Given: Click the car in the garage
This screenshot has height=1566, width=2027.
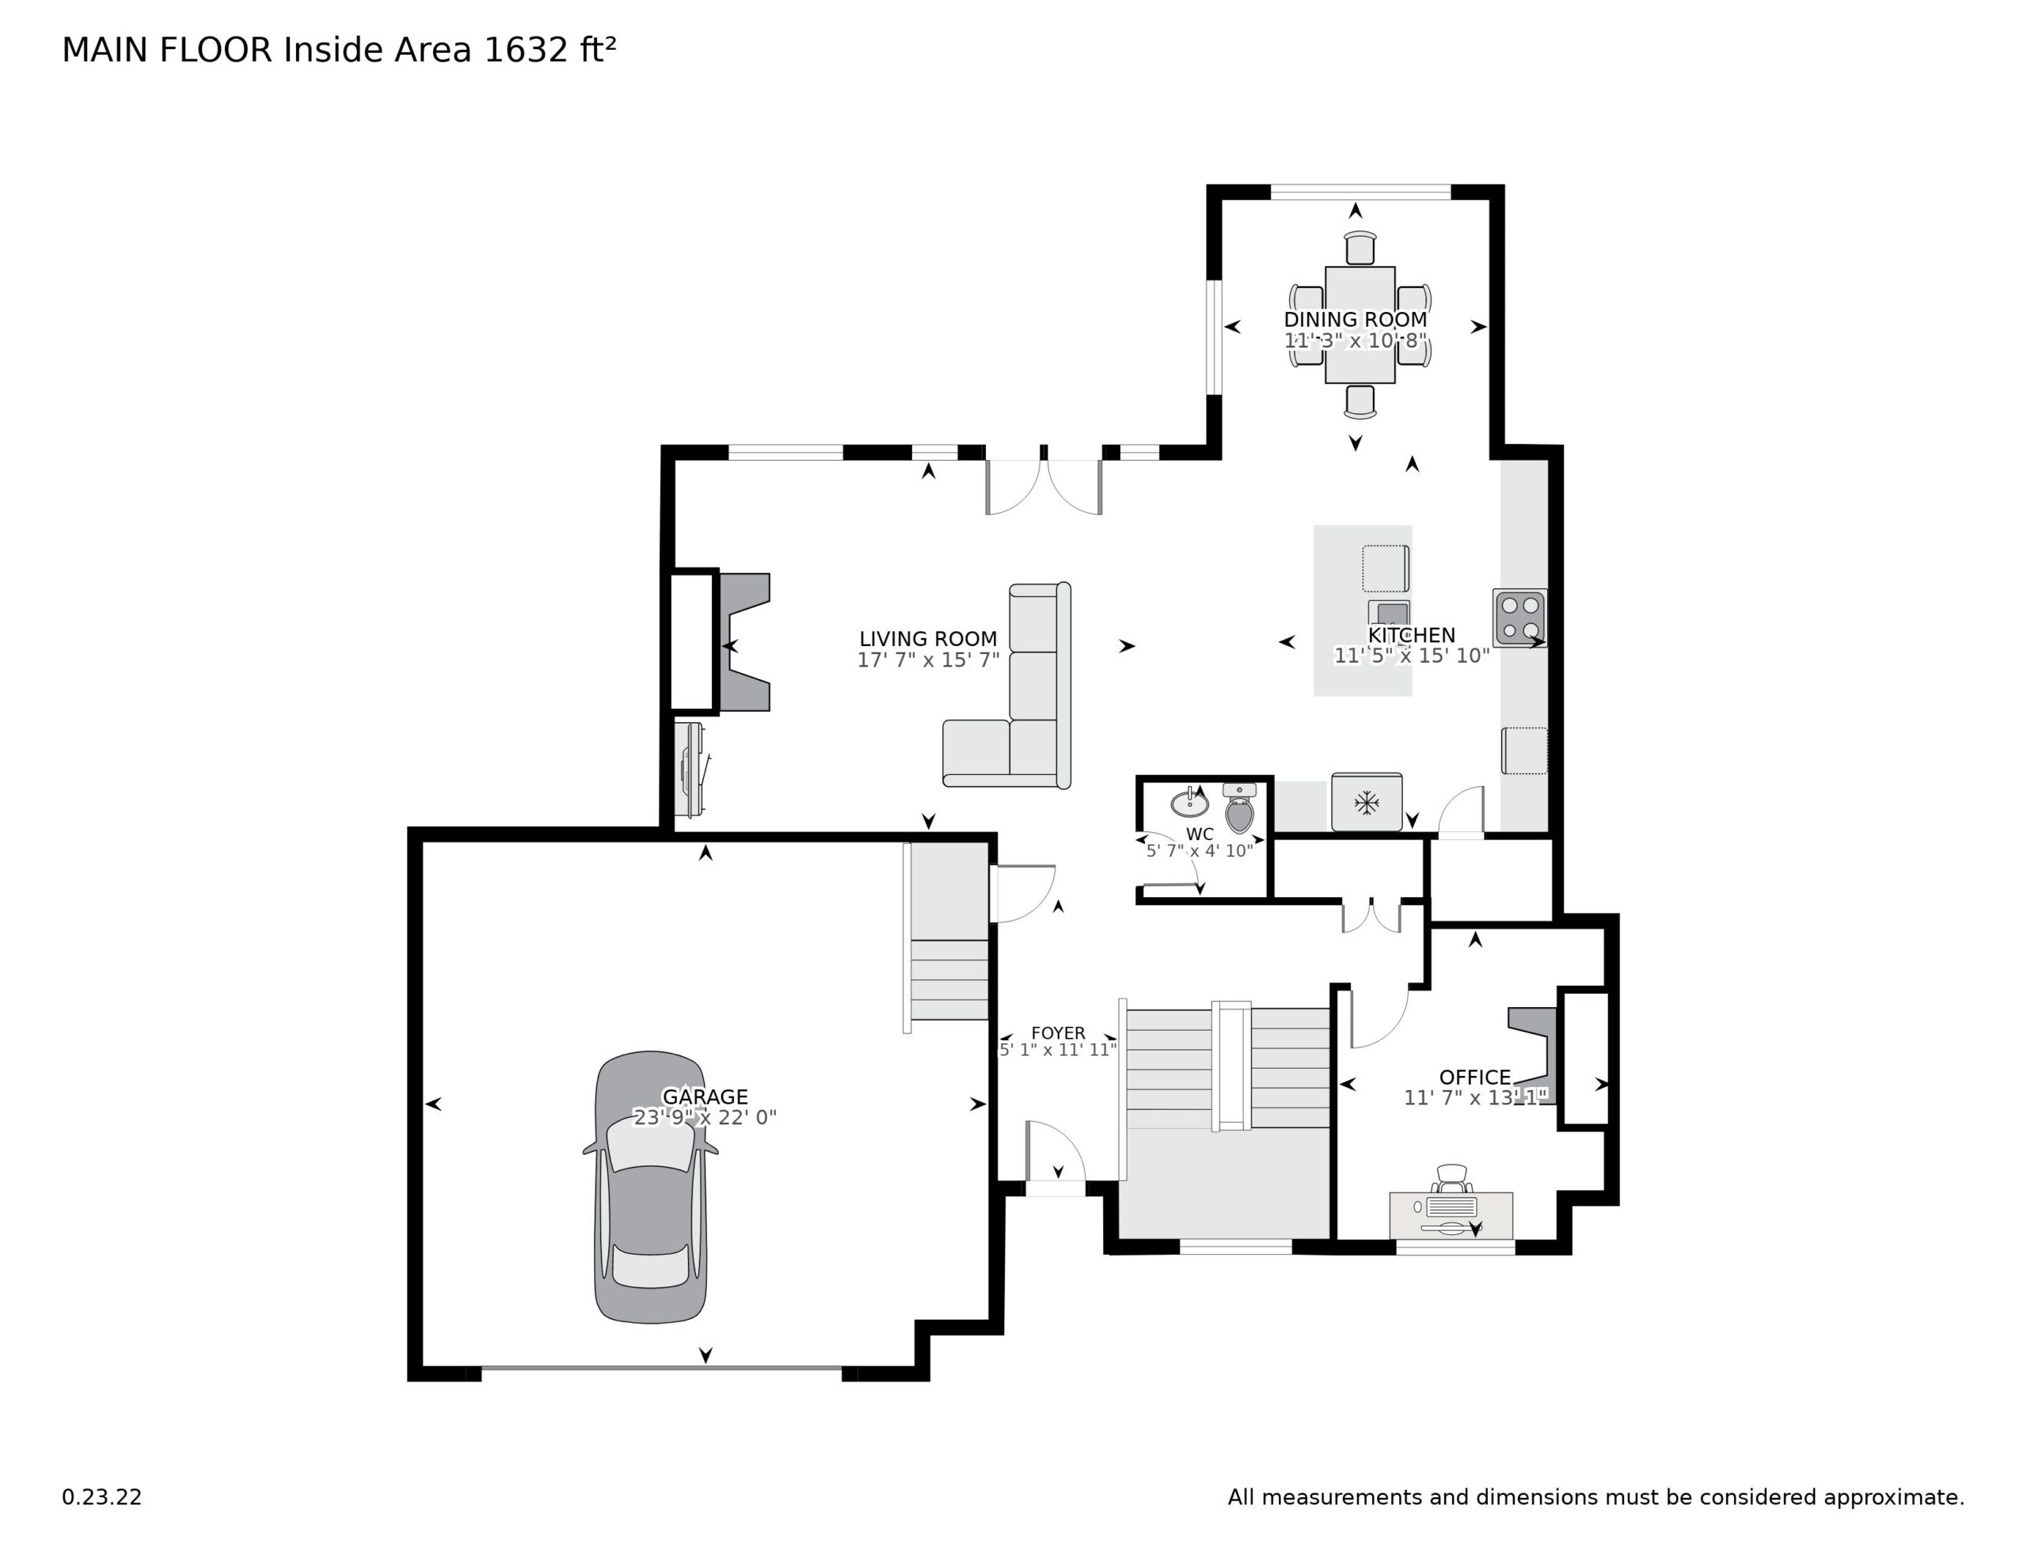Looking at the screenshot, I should pos(651,1188).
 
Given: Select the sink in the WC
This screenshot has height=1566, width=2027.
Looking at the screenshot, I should pos(1189,802).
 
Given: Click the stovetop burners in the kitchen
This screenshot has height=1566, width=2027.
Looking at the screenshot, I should pos(1519,618).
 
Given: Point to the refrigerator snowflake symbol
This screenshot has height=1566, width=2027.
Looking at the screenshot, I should pos(1366,803).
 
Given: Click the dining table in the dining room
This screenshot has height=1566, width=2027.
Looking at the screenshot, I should pos(1360,325).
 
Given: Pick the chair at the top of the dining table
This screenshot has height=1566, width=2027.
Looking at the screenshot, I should pos(1360,249).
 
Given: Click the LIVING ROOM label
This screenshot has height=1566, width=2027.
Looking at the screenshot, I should pos(927,639).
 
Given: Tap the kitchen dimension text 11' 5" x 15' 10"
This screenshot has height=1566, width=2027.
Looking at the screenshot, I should pos(1411,656).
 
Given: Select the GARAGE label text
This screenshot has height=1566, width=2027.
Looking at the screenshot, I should pos(705,1097).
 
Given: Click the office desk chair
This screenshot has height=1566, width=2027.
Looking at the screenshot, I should pos(1451,1179).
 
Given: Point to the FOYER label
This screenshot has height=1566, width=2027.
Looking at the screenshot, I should pos(1057,1033).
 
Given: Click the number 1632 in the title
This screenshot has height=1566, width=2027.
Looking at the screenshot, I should pos(525,50).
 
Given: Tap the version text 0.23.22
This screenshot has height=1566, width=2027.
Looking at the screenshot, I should pos(102,1497).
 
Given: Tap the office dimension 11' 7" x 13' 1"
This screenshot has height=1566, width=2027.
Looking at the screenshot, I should pos(1475,1098).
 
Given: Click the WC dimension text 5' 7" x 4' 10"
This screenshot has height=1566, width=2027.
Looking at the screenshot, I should pos(1199,850).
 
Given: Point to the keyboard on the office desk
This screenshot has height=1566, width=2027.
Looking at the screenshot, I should pos(1451,1207).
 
